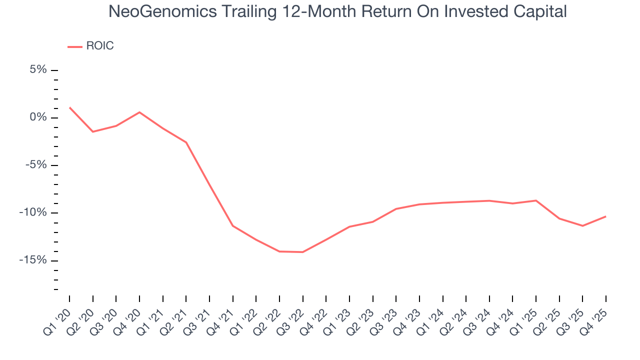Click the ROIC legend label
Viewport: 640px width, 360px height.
point(100,46)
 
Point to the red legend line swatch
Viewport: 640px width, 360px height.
point(74,47)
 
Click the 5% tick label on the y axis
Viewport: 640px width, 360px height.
point(38,70)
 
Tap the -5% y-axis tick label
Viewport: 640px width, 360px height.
point(36,165)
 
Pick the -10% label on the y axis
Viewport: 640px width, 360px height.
point(33,212)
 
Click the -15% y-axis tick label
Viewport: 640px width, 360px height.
point(33,260)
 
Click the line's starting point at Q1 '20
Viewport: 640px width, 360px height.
point(69,107)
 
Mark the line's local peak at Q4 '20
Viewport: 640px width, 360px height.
point(139,112)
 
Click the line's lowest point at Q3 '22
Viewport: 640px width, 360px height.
point(302,252)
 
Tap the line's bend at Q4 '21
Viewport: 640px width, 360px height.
point(232,225)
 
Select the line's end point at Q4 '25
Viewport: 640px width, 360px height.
point(606,216)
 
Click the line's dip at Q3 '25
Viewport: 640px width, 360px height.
point(582,225)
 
